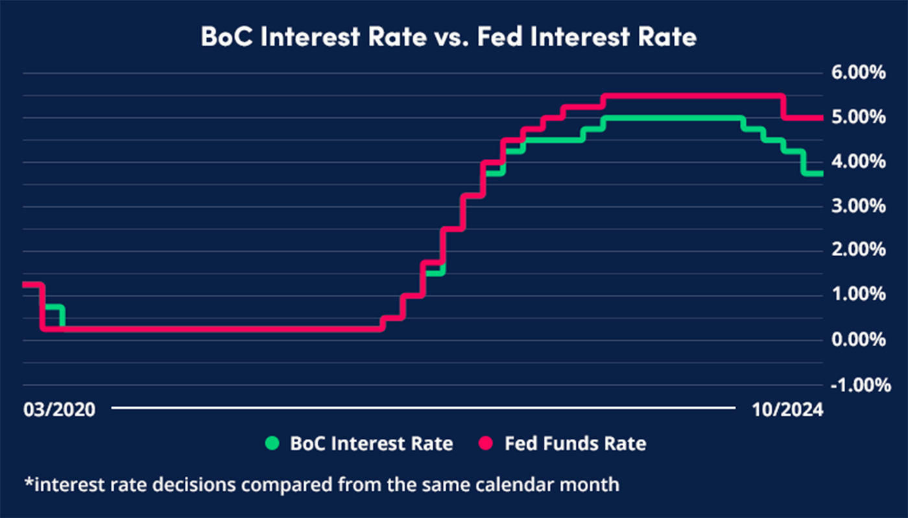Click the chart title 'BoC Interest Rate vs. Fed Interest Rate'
coord(448,37)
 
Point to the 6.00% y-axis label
coord(858,73)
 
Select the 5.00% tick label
coord(858,117)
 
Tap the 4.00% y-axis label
coord(858,161)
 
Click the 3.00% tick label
coord(858,206)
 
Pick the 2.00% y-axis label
coord(858,250)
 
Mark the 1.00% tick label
coord(858,295)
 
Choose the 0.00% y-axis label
coord(858,340)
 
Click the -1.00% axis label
coord(855,384)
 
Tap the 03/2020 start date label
coord(59,410)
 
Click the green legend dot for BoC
coord(273,443)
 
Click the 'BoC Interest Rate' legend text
coord(371,443)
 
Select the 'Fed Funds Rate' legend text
coord(576,443)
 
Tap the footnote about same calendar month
coord(321,484)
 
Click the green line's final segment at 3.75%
coord(813,173)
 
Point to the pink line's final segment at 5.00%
coord(803,118)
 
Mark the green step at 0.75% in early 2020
coord(53,307)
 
